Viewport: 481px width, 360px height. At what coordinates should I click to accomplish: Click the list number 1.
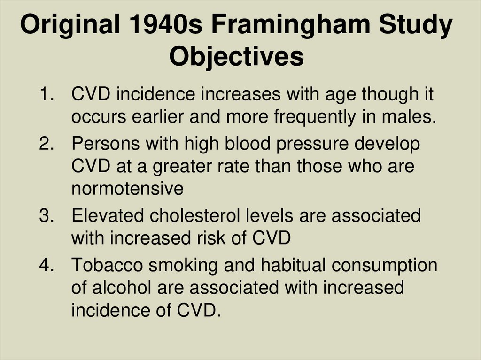[46, 94]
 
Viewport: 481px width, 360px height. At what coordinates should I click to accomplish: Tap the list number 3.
[46, 216]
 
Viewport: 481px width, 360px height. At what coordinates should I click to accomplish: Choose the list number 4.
[46, 265]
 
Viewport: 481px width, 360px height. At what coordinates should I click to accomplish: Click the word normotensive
[127, 189]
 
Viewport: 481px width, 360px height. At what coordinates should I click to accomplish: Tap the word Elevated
[108, 216]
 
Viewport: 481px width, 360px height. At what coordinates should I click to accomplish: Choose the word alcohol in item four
[124, 287]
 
